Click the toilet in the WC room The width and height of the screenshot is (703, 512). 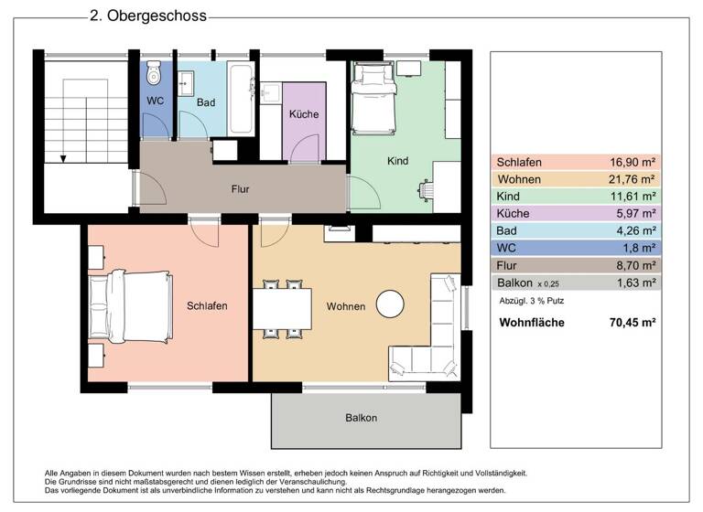[154, 74]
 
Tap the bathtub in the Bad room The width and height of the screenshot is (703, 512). [241, 99]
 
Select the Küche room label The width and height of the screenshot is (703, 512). [303, 114]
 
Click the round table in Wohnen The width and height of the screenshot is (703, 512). [392, 303]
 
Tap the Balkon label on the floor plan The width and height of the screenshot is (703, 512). [361, 418]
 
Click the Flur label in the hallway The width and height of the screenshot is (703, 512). [240, 189]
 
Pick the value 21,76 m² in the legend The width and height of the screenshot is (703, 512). [633, 179]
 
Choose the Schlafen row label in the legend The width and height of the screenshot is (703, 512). [517, 162]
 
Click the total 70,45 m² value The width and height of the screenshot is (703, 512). [633, 323]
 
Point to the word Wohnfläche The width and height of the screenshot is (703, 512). [531, 323]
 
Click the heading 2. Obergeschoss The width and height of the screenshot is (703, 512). [147, 16]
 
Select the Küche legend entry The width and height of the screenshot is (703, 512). [514, 213]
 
